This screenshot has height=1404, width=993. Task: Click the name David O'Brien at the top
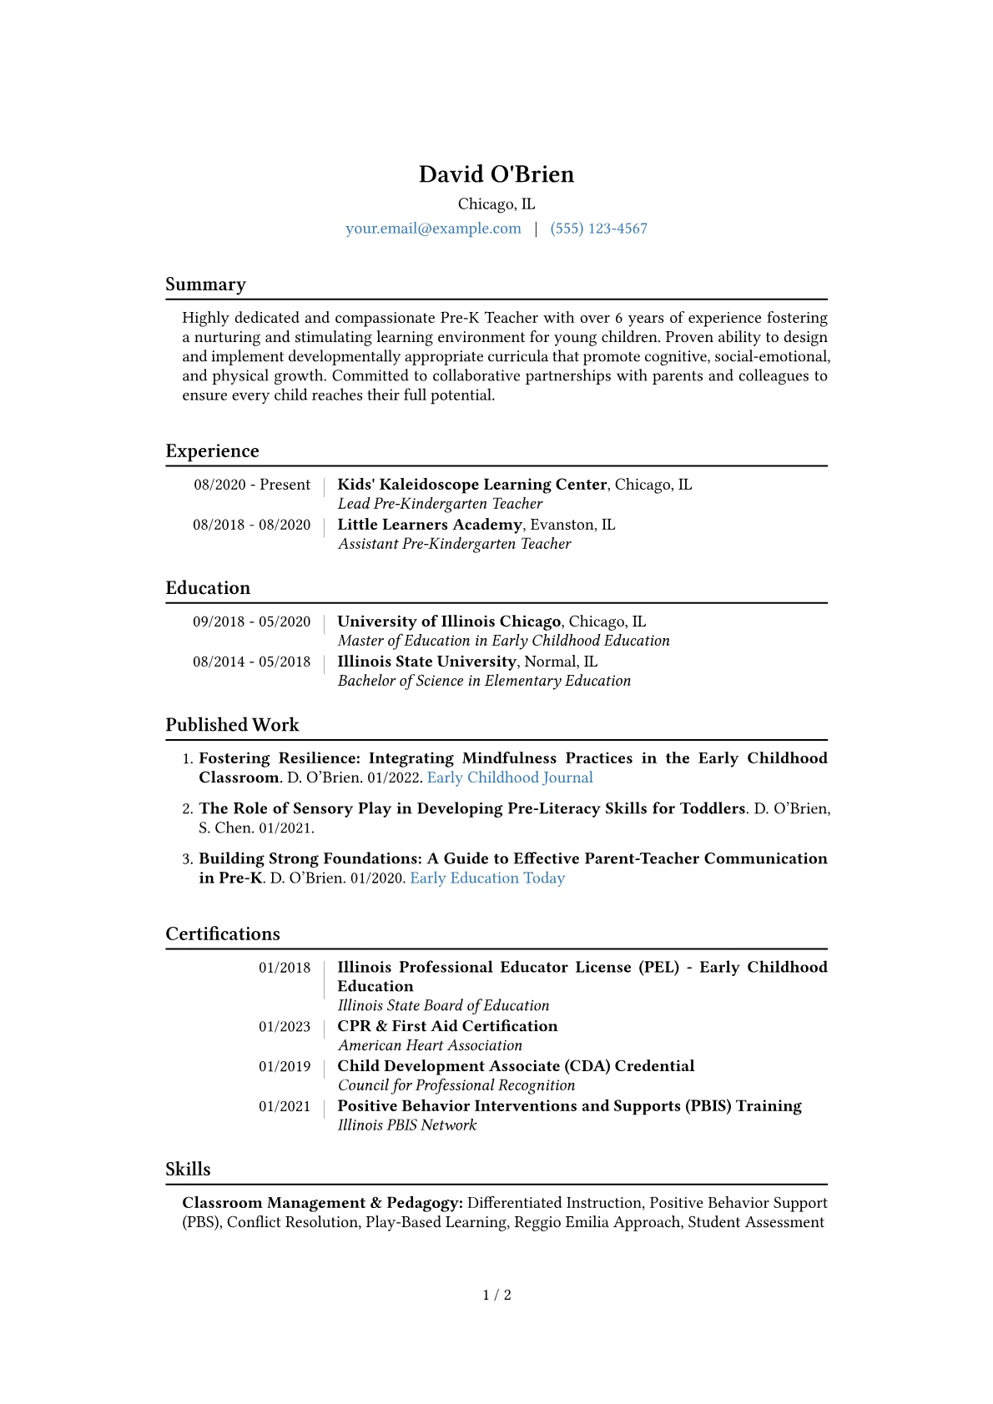pyautogui.click(x=496, y=174)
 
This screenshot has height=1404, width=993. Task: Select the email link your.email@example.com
pyautogui.click(x=433, y=229)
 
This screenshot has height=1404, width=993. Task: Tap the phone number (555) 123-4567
pyautogui.click(x=598, y=229)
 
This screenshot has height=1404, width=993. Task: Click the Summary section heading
pyautogui.click(x=205, y=284)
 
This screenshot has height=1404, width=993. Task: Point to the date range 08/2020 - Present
pyautogui.click(x=252, y=485)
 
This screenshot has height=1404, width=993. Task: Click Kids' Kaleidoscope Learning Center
pyautogui.click(x=471, y=485)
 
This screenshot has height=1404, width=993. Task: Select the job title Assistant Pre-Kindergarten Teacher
pyautogui.click(x=454, y=544)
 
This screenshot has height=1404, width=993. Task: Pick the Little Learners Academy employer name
pyautogui.click(x=429, y=525)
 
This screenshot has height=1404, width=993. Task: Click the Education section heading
pyautogui.click(x=208, y=588)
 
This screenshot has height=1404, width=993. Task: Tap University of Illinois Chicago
pyautogui.click(x=448, y=621)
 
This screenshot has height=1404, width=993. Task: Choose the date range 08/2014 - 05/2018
pyautogui.click(x=251, y=662)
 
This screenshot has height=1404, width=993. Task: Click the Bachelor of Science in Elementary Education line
pyautogui.click(x=484, y=681)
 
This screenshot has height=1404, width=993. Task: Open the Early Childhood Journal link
pyautogui.click(x=510, y=777)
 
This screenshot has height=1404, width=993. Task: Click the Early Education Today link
pyautogui.click(x=487, y=878)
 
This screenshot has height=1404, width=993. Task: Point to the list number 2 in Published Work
pyautogui.click(x=188, y=808)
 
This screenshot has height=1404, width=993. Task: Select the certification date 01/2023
pyautogui.click(x=284, y=1027)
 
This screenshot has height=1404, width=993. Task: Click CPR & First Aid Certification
pyautogui.click(x=447, y=1026)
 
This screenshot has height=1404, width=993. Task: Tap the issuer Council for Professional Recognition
pyautogui.click(x=456, y=1085)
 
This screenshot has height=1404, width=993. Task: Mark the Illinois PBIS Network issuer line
pyautogui.click(x=406, y=1125)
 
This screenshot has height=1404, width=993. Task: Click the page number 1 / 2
pyautogui.click(x=496, y=1295)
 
